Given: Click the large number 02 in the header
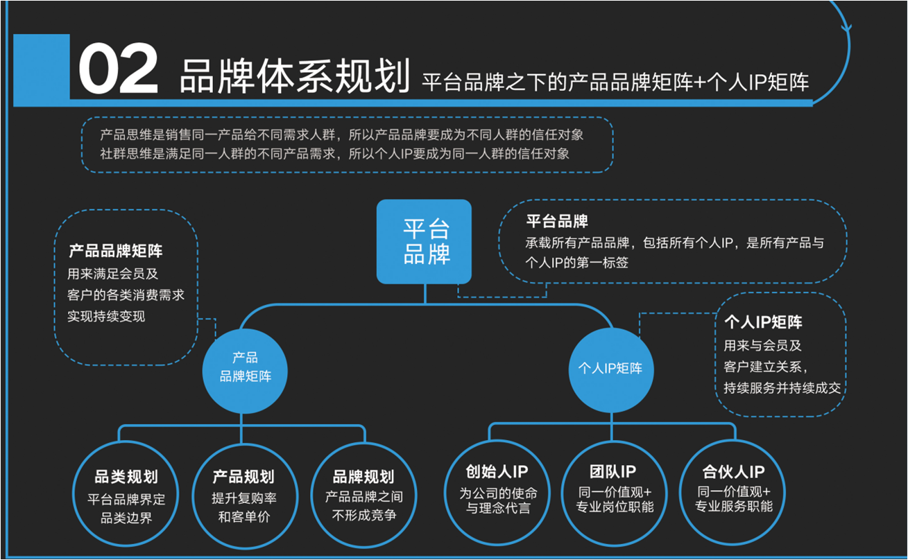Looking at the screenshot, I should [118, 71].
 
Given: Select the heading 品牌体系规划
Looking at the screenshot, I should [294, 77].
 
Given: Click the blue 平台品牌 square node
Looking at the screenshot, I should [424, 242].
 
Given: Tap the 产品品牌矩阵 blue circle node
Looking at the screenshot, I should [245, 368].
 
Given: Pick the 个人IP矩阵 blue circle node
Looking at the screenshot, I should [610, 368].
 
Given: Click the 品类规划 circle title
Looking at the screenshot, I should [126, 478].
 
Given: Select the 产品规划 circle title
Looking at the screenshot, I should [244, 478].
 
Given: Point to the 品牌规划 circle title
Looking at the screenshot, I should [363, 478].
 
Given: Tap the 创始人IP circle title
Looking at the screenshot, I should [497, 473].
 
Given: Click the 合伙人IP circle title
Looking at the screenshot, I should [733, 473].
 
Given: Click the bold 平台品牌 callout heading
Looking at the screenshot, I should [557, 222].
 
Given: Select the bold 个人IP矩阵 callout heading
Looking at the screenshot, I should [763, 322].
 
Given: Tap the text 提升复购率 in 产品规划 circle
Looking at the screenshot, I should [244, 498].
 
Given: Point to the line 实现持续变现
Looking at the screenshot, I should [106, 317].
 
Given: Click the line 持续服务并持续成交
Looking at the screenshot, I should [782, 388].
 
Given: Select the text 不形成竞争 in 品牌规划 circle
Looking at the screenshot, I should [363, 516].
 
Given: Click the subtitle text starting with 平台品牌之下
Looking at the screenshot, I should [615, 82].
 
